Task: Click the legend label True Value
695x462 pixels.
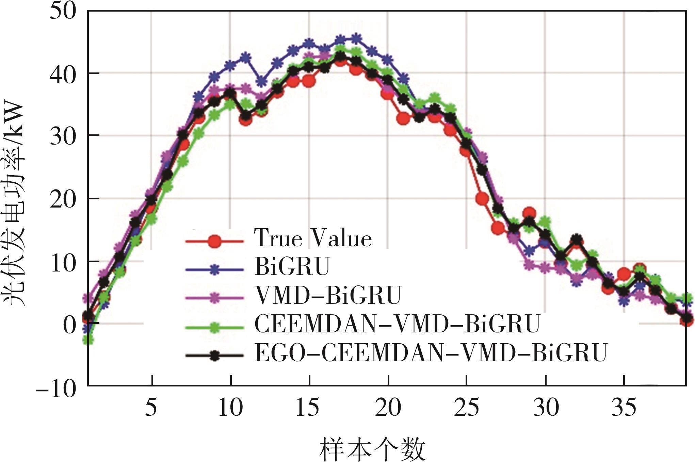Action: coord(313,238)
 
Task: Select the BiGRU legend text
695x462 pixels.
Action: coord(292,266)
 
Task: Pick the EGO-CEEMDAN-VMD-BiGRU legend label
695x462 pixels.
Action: coord(431,353)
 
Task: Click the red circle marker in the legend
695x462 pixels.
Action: coord(214,242)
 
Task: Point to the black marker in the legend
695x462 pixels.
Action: coord(214,356)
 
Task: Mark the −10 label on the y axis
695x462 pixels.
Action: coord(56,387)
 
